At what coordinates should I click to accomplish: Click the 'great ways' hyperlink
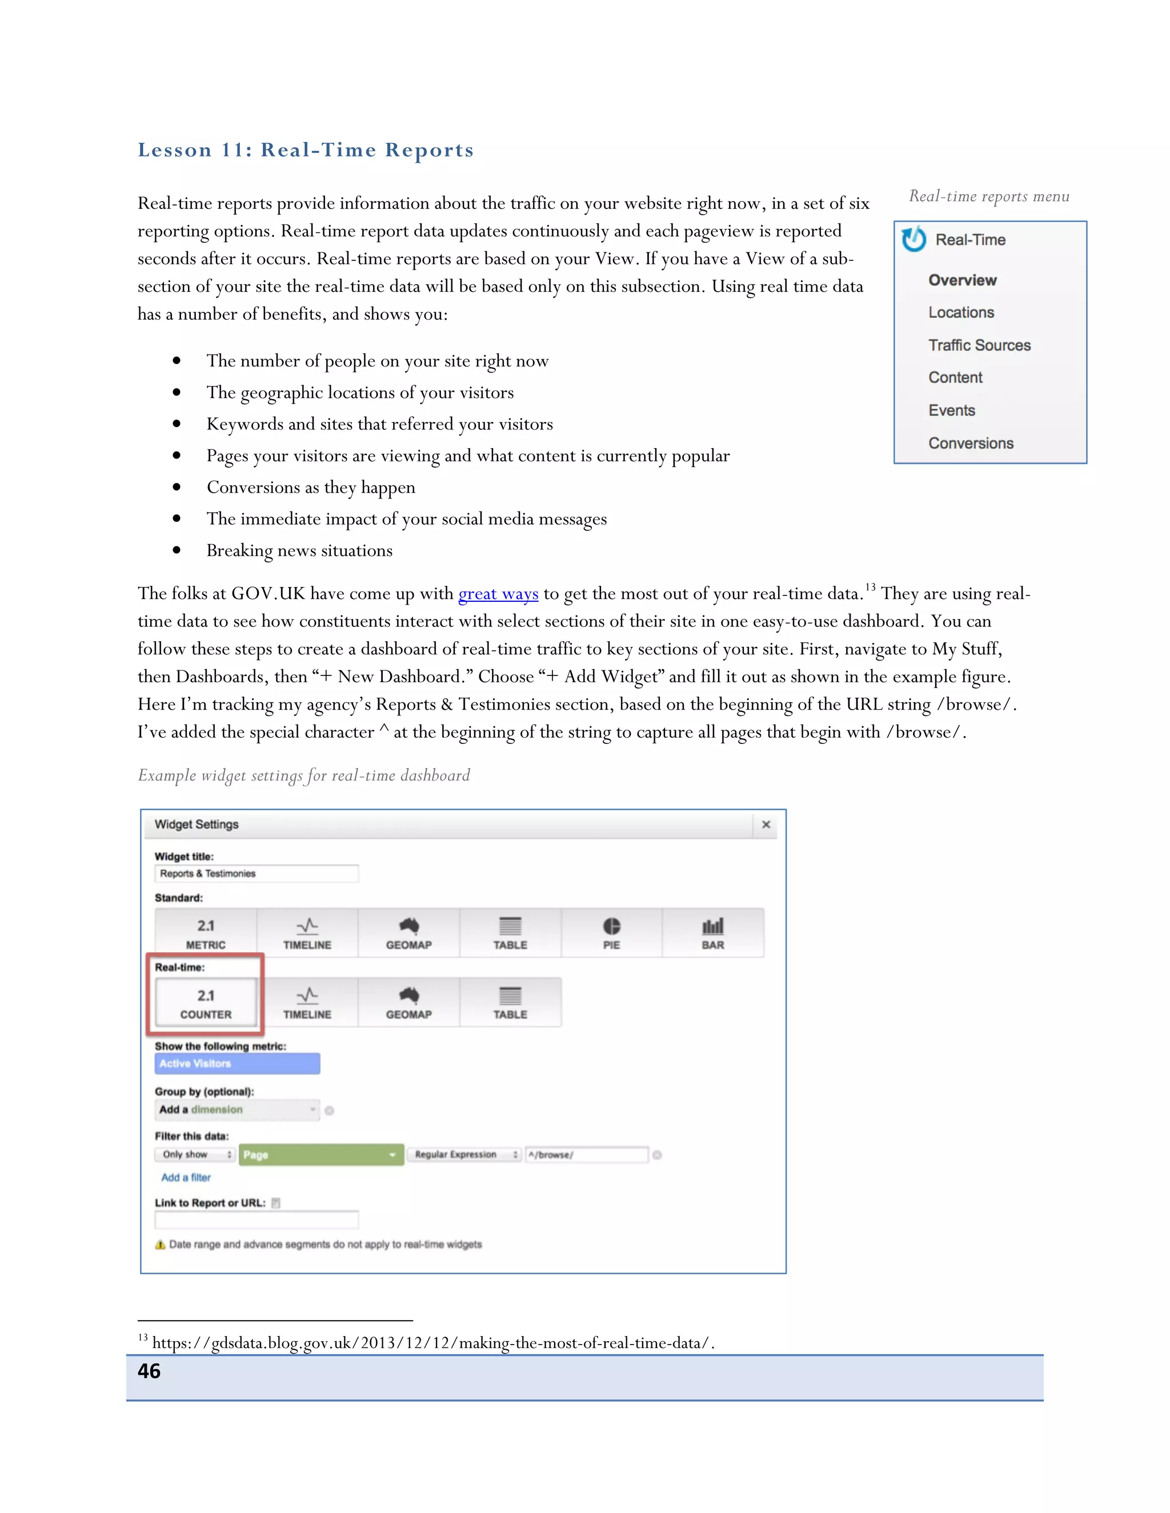coord(498,594)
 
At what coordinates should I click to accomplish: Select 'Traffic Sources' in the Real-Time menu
coord(979,345)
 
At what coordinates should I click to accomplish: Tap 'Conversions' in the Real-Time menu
coord(971,444)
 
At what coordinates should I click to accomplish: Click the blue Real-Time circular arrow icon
coord(913,239)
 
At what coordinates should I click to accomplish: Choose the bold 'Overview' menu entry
coord(962,280)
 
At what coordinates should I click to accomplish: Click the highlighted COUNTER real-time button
coord(206,1003)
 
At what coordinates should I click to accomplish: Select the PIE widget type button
coord(611,933)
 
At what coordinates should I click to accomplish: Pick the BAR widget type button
coord(712,933)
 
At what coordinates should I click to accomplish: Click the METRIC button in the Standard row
coord(206,933)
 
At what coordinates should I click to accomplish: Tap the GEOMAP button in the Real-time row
coord(409,1003)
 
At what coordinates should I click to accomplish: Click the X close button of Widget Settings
coord(766,824)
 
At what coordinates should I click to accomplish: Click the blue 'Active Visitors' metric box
coord(237,1064)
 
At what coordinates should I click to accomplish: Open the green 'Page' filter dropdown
coord(321,1155)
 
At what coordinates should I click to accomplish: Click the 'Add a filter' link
coord(186,1177)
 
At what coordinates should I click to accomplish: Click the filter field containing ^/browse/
coord(586,1155)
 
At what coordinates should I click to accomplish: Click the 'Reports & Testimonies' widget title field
coord(256,874)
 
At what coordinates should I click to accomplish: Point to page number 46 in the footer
coord(149,1371)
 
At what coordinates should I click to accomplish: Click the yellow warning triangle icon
coord(160,1244)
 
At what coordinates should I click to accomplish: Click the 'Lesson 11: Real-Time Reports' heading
coord(306,150)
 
